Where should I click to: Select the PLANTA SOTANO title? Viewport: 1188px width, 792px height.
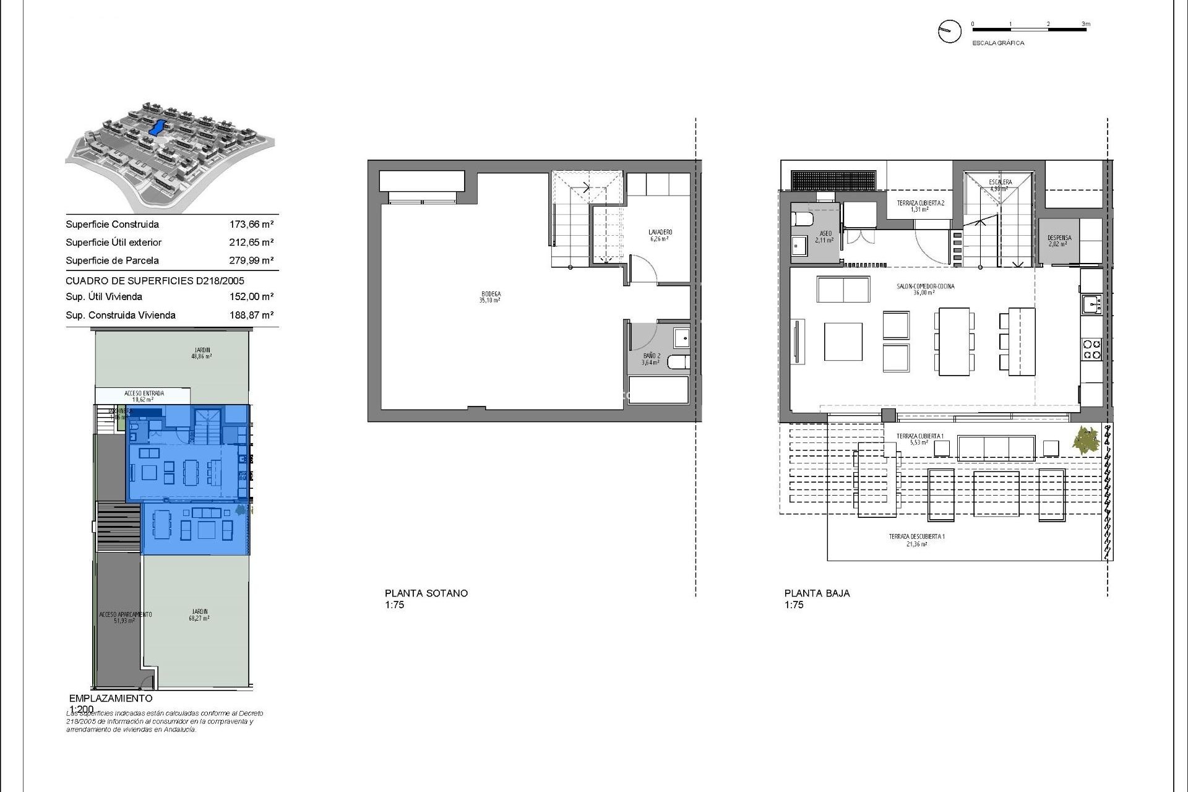pyautogui.click(x=426, y=593)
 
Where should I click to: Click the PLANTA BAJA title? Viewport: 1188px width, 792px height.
pyautogui.click(x=817, y=593)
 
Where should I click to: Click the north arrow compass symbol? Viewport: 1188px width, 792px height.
pyautogui.click(x=949, y=31)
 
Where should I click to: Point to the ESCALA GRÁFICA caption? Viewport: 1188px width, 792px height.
pyautogui.click(x=998, y=43)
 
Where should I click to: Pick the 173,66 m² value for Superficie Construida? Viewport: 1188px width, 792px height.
pyautogui.click(x=251, y=225)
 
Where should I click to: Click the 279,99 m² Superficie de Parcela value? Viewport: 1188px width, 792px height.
pyautogui.click(x=251, y=260)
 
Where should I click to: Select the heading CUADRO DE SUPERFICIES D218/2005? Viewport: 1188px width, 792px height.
pyautogui.click(x=155, y=281)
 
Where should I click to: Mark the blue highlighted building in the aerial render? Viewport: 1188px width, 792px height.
pyautogui.click(x=157, y=128)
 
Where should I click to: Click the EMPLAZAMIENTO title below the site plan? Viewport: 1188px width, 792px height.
pyautogui.click(x=111, y=698)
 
